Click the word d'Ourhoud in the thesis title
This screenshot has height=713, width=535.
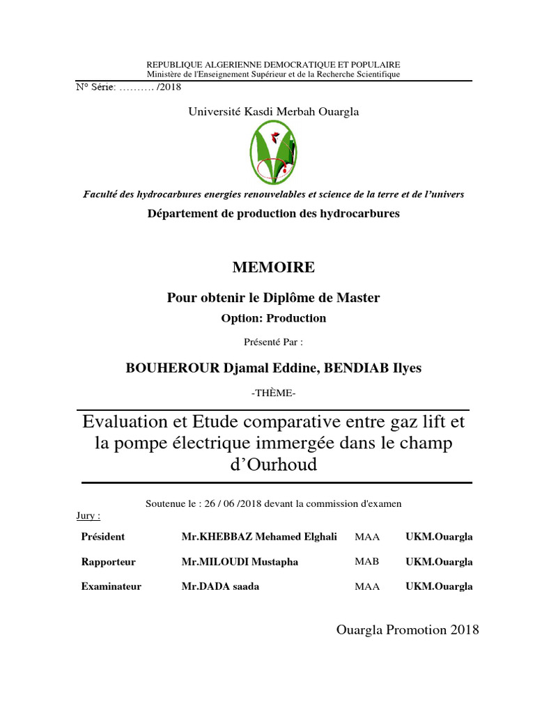(x=273, y=464)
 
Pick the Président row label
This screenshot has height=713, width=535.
(x=103, y=537)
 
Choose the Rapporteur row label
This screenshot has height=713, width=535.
(x=109, y=562)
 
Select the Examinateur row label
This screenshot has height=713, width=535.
(x=111, y=586)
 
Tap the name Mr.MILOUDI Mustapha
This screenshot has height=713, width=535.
(x=240, y=562)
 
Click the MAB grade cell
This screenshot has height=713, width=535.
(x=367, y=562)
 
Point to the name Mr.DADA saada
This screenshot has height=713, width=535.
(x=220, y=586)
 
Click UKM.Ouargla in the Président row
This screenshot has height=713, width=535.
(x=439, y=537)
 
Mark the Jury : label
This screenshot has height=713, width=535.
(x=88, y=516)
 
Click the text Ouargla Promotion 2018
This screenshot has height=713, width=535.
(x=408, y=630)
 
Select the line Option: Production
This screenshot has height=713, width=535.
(x=273, y=318)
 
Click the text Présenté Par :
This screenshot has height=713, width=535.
(x=273, y=342)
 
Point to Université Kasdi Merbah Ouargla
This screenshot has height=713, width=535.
(x=274, y=111)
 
